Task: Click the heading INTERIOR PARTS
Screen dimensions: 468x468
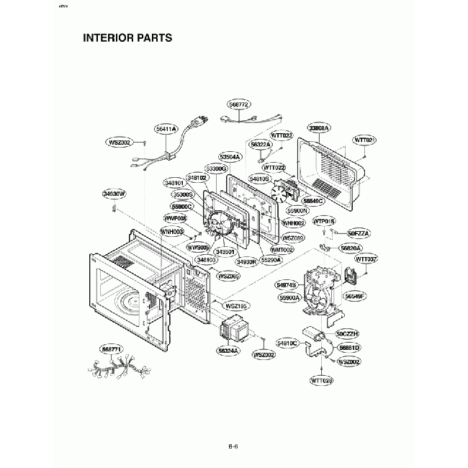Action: point(127,37)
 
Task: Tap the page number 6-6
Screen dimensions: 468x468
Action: point(233,446)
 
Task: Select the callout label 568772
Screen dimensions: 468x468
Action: point(240,104)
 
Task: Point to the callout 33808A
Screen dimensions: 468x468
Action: point(318,127)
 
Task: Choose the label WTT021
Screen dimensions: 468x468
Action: point(365,139)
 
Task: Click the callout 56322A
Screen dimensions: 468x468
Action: point(261,145)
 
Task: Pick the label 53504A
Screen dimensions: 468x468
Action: point(230,156)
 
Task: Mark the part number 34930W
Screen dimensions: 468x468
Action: point(114,194)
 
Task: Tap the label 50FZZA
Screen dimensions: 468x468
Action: point(358,234)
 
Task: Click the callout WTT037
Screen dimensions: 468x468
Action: point(366,258)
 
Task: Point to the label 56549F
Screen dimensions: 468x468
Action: point(355,295)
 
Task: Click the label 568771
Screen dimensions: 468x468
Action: point(112,348)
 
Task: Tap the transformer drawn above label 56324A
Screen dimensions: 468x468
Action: point(233,330)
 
